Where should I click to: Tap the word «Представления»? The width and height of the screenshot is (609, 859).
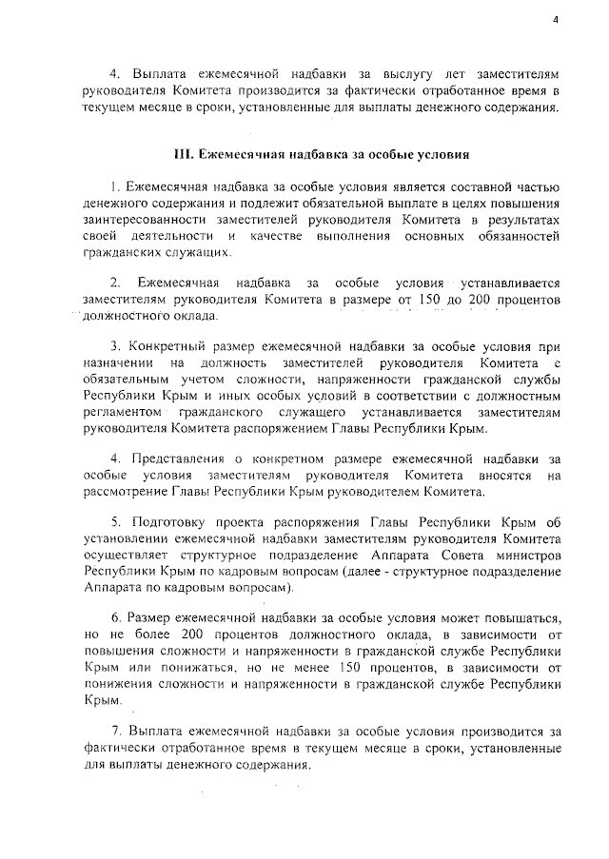(x=176, y=458)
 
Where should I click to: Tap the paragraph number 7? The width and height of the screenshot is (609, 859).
(x=115, y=732)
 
